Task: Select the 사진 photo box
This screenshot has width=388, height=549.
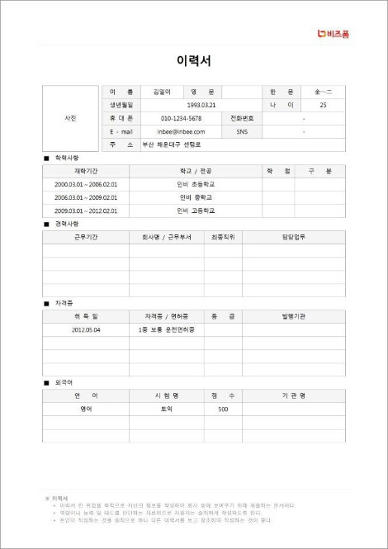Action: click(x=70, y=118)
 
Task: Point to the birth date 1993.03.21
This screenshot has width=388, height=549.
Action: click(x=201, y=105)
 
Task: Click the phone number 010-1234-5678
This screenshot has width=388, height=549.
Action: click(x=181, y=118)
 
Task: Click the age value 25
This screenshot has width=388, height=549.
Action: click(x=323, y=105)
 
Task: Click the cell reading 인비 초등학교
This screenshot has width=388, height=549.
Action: click(x=196, y=184)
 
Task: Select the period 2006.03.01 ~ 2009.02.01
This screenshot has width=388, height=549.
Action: click(x=86, y=197)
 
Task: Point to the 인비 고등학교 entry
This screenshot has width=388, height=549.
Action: click(x=196, y=211)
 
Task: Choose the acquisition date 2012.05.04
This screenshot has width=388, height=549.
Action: click(x=86, y=329)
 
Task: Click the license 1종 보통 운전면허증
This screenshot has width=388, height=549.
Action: click(x=167, y=329)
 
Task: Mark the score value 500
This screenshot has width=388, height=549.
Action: click(x=223, y=409)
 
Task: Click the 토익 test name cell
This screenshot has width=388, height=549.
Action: click(x=166, y=409)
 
